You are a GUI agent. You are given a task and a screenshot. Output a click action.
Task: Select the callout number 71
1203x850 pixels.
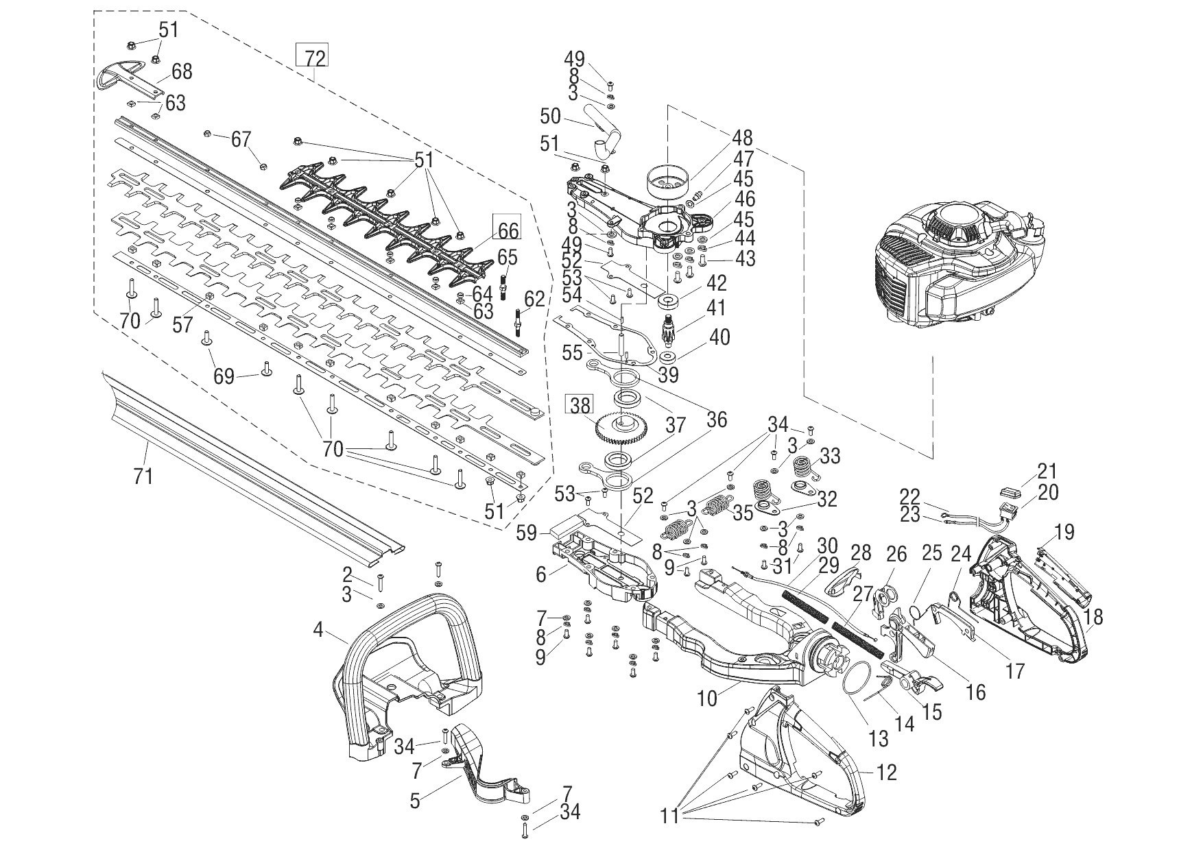coord(143,475)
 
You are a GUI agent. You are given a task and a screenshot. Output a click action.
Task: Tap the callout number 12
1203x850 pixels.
coord(887,773)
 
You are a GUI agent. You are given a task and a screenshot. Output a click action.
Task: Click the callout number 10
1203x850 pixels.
coord(707,699)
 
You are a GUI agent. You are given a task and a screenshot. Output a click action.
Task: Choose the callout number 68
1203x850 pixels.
coord(182,71)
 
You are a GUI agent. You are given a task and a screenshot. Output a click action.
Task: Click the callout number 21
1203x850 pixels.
coord(1047,472)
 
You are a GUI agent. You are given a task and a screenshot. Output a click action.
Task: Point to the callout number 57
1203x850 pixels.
coord(182,324)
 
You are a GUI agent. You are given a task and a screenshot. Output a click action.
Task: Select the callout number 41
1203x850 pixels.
coord(716,307)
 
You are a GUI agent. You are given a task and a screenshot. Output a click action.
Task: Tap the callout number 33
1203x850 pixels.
coord(830,456)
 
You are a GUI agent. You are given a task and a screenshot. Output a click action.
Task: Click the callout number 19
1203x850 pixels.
coord(1064,532)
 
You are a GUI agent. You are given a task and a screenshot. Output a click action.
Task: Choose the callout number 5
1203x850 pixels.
coord(414,801)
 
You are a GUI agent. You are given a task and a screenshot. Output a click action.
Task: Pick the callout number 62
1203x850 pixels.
coord(534,298)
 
